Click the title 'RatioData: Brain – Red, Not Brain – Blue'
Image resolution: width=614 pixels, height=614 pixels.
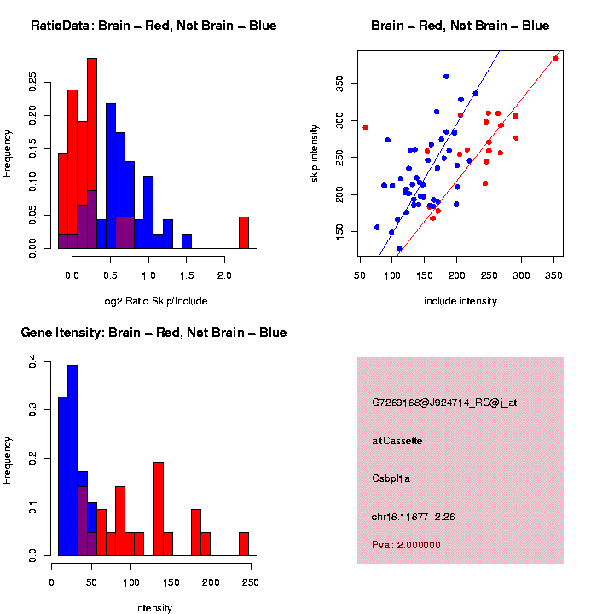[x=153, y=26]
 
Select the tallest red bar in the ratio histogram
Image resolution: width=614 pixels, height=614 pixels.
[x=92, y=153]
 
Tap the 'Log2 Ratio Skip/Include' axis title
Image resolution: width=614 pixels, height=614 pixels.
[x=153, y=301]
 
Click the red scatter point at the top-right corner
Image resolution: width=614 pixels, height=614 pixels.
[x=555, y=59]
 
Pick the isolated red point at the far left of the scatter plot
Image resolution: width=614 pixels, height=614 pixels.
[x=365, y=127]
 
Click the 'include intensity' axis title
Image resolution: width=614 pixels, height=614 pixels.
[x=460, y=301]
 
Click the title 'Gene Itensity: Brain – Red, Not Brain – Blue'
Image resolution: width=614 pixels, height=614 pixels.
[x=153, y=333]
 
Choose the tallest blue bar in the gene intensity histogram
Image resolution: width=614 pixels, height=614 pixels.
[x=72, y=460]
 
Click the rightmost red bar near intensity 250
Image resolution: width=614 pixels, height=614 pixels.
[x=243, y=543]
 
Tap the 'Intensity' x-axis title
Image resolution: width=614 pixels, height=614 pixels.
[x=153, y=608]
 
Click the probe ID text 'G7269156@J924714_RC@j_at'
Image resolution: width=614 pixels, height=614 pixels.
[x=444, y=403]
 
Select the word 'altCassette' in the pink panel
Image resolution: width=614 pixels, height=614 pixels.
[x=397, y=441]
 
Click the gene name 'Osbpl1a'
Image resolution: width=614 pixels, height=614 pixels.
[x=391, y=478]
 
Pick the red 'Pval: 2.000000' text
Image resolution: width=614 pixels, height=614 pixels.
[x=406, y=544]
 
